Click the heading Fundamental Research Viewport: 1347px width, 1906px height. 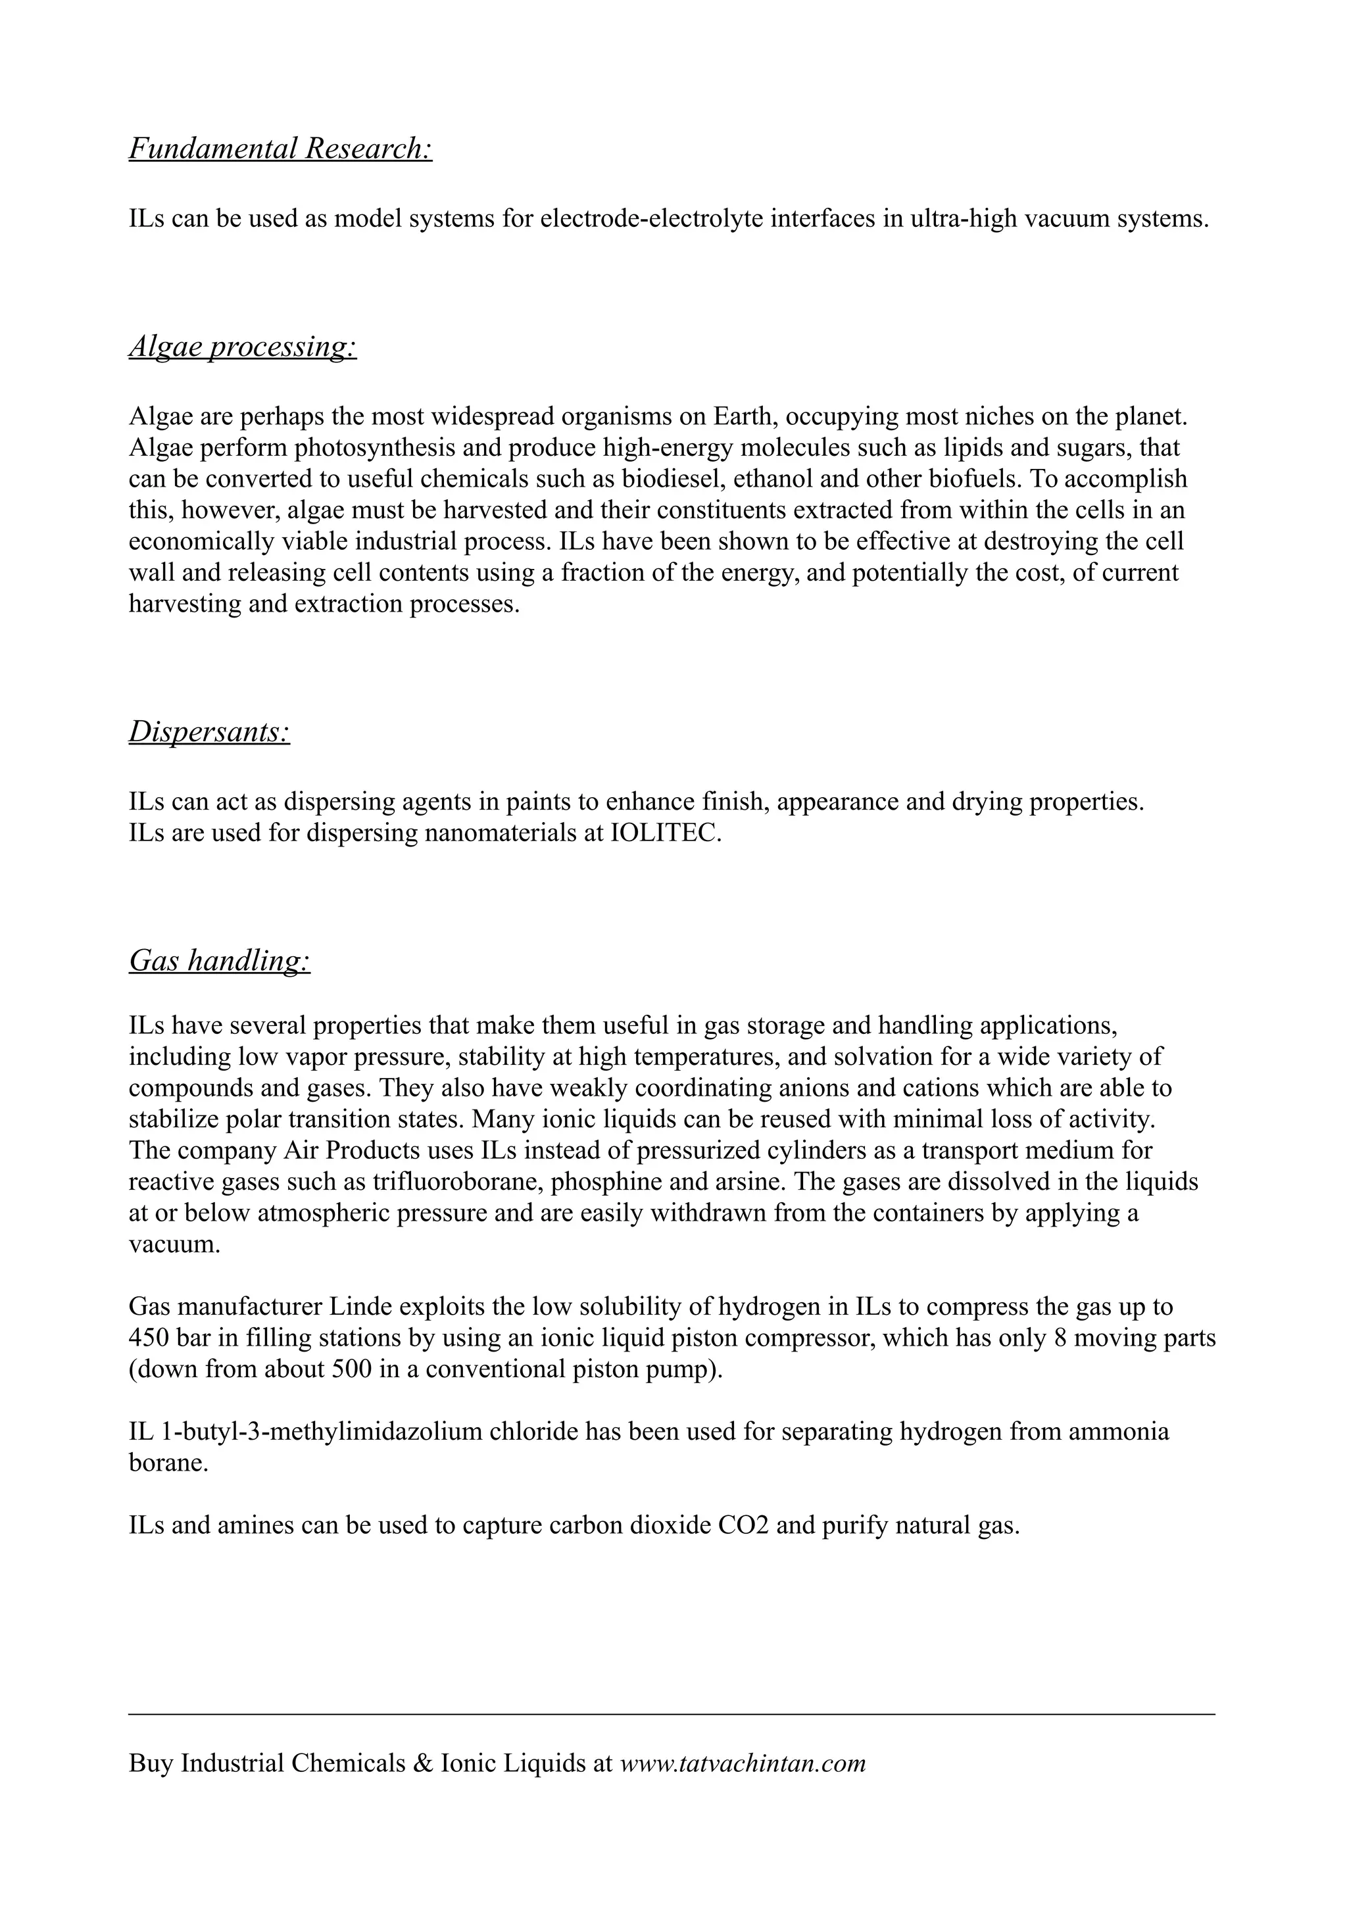[x=281, y=149]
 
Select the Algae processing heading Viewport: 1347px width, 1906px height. [x=242, y=347]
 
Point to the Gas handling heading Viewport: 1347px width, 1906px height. [x=219, y=962]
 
